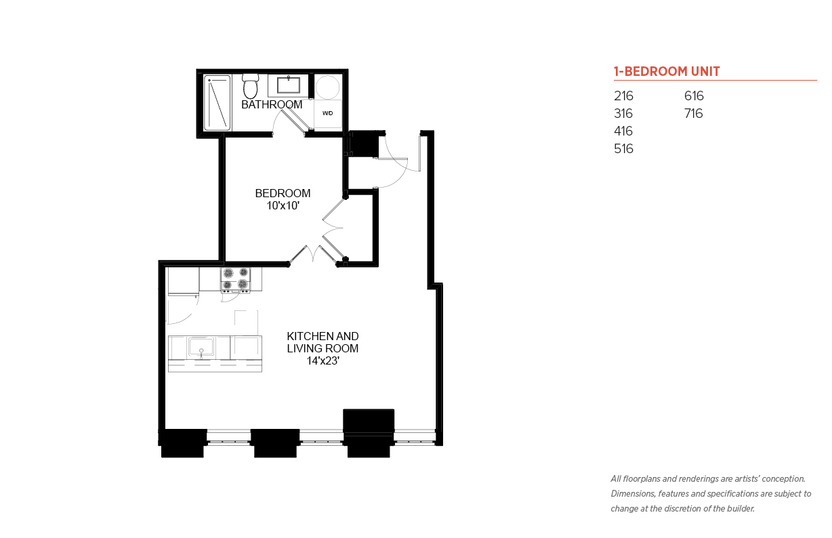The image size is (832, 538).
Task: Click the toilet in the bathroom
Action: [x=250, y=86]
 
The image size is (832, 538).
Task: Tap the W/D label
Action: [x=328, y=113]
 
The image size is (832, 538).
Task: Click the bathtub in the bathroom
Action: [x=217, y=102]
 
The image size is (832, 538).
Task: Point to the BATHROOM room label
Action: [x=272, y=105]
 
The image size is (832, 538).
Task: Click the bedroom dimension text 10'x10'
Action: [x=283, y=205]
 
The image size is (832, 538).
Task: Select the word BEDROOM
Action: [x=283, y=193]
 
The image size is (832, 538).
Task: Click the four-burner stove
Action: [x=236, y=279]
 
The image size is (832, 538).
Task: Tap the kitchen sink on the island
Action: [x=201, y=347]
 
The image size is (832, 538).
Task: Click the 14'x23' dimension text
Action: [x=323, y=360]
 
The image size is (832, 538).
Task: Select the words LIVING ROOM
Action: [x=323, y=348]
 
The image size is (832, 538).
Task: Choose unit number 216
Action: [x=623, y=96]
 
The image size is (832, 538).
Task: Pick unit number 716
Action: [x=694, y=113]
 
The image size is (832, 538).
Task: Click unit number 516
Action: [x=623, y=148]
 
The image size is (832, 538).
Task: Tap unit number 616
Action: [x=694, y=96]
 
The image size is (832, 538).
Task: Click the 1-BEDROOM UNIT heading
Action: [x=667, y=71]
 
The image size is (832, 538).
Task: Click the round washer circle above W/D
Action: [x=327, y=87]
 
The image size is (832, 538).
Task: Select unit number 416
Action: [x=623, y=131]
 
